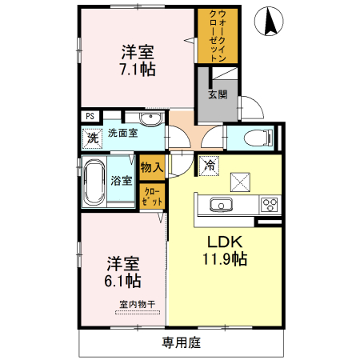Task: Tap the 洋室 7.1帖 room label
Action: pyautogui.click(x=138, y=61)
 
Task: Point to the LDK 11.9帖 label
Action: pyautogui.click(x=226, y=250)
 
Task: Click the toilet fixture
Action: pyautogui.click(x=254, y=136)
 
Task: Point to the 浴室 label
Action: pyautogui.click(x=122, y=181)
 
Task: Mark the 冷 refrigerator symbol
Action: pyautogui.click(x=209, y=166)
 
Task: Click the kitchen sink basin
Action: pyautogui.click(x=222, y=205)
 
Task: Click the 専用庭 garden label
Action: pyautogui.click(x=181, y=343)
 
